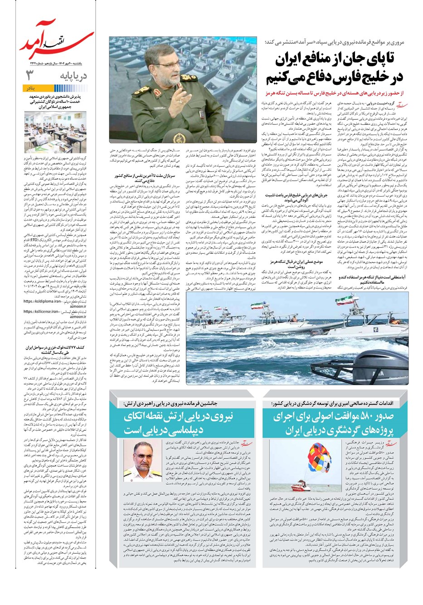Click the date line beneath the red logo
[x=57, y=63]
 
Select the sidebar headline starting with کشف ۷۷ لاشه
[x=59, y=348]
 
